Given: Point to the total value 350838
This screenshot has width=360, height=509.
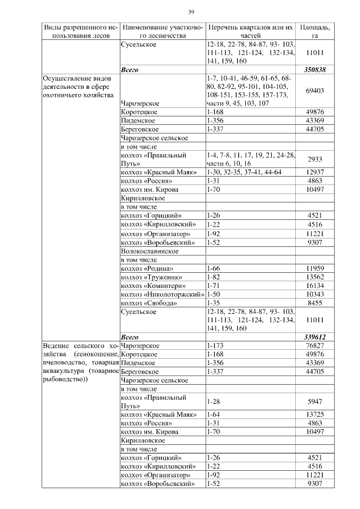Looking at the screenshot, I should [x=314, y=70].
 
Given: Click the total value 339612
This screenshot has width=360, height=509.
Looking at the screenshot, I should [x=314, y=336].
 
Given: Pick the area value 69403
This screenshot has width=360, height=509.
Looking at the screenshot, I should [x=314, y=90].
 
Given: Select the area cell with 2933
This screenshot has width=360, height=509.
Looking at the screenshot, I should [x=314, y=159].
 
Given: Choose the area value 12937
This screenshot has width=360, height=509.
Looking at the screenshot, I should [x=314, y=172].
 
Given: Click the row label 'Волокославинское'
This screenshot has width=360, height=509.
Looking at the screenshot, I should [x=147, y=252].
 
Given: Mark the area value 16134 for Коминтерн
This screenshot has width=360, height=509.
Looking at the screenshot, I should [x=314, y=285].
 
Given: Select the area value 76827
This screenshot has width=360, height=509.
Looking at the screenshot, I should [x=314, y=345].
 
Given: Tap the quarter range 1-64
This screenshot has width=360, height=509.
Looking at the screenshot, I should [x=213, y=414].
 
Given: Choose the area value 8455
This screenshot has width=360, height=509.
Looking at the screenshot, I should [x=314, y=303].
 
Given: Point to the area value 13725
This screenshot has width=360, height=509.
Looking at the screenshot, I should [x=314, y=414].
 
